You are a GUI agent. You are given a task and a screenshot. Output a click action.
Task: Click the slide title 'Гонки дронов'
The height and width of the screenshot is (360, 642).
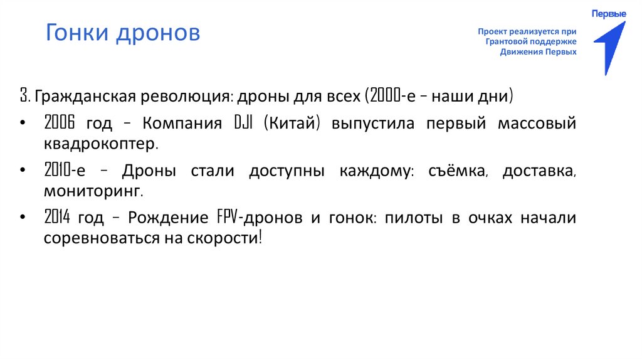pos(123,33)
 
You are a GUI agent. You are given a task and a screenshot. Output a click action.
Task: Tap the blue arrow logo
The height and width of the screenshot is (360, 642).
pos(609,47)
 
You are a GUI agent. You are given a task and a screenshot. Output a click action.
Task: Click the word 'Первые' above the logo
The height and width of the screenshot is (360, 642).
pos(609,14)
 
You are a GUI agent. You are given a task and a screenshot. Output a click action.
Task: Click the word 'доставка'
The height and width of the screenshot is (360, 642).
pos(539,171)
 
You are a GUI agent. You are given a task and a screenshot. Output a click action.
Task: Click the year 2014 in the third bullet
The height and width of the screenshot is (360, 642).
pos(58,218)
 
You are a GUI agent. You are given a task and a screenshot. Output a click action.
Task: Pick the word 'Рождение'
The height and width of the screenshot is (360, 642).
pos(167,218)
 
